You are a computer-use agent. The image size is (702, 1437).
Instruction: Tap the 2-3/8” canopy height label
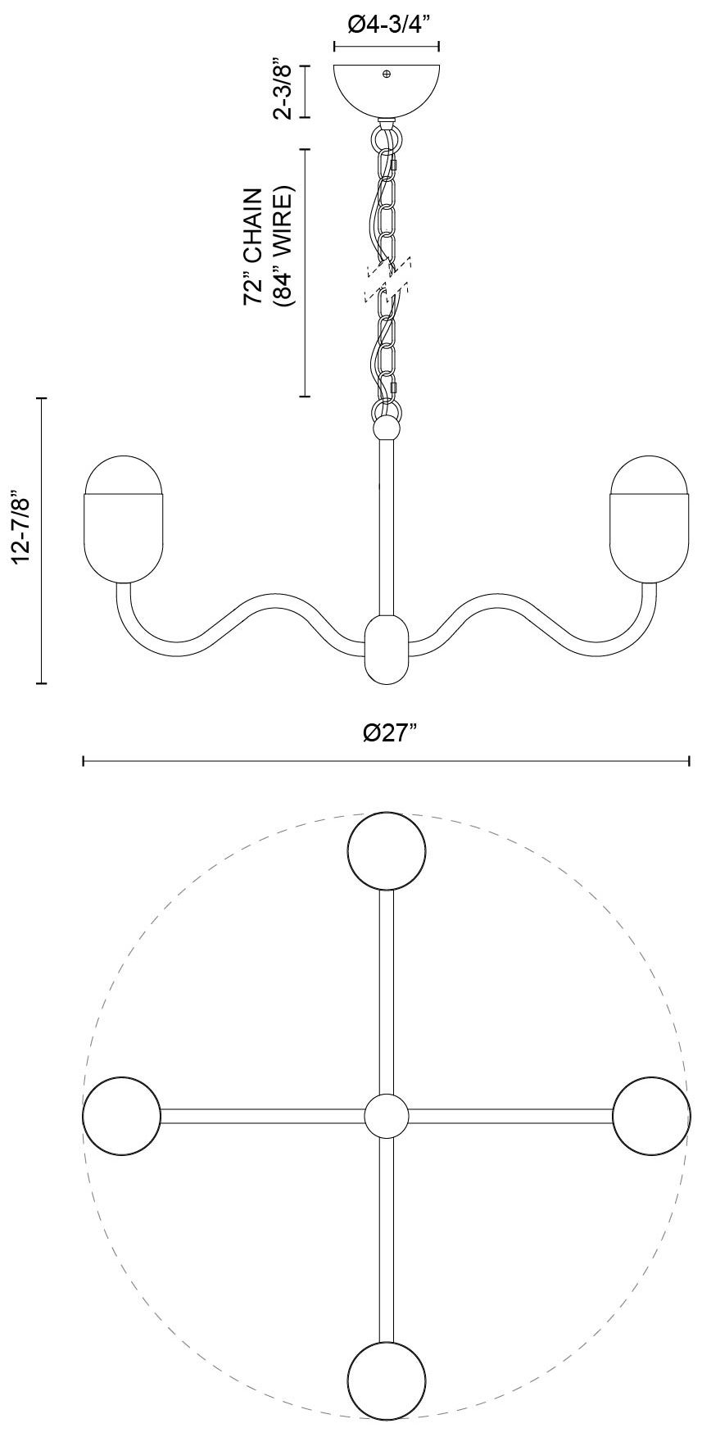click(283, 91)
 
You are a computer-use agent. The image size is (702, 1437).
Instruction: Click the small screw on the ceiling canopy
click(387, 75)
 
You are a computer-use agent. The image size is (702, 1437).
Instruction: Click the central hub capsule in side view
click(386, 649)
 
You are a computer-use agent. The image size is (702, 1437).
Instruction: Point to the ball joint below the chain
click(387, 428)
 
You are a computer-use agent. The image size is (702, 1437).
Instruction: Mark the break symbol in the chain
click(387, 279)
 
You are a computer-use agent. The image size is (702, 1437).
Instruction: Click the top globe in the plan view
click(387, 851)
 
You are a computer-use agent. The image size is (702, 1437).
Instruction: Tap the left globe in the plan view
click(122, 1116)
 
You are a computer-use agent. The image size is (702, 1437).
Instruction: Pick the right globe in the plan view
click(651, 1116)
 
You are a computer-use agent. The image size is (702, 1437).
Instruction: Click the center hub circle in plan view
click(386, 1116)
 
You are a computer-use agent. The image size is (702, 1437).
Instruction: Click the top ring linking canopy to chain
click(387, 134)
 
